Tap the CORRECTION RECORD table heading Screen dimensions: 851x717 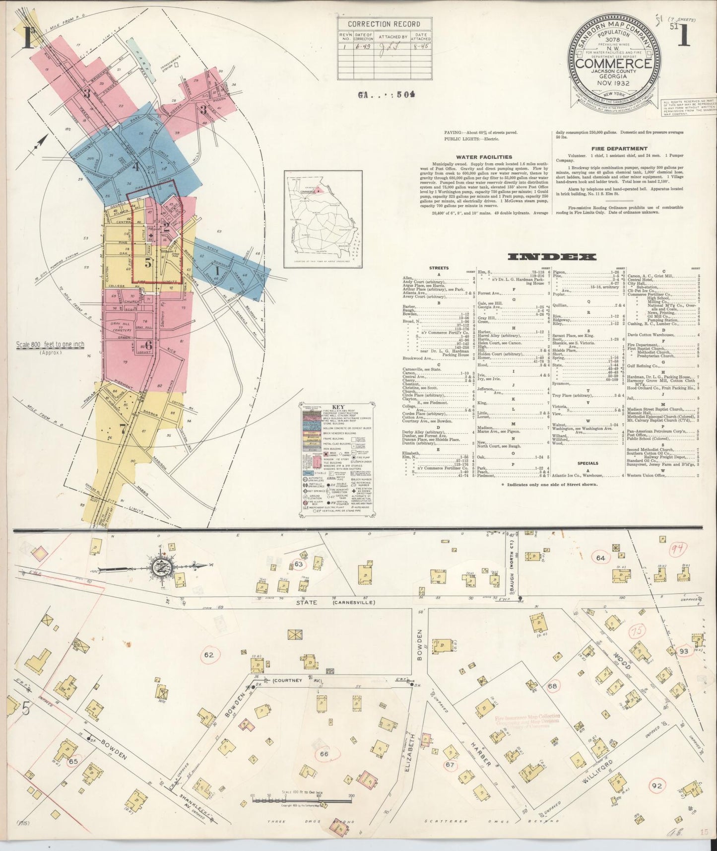(384, 24)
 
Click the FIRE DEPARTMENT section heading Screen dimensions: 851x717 (619, 148)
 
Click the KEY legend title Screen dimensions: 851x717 (335, 406)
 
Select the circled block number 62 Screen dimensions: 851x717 (208, 654)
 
